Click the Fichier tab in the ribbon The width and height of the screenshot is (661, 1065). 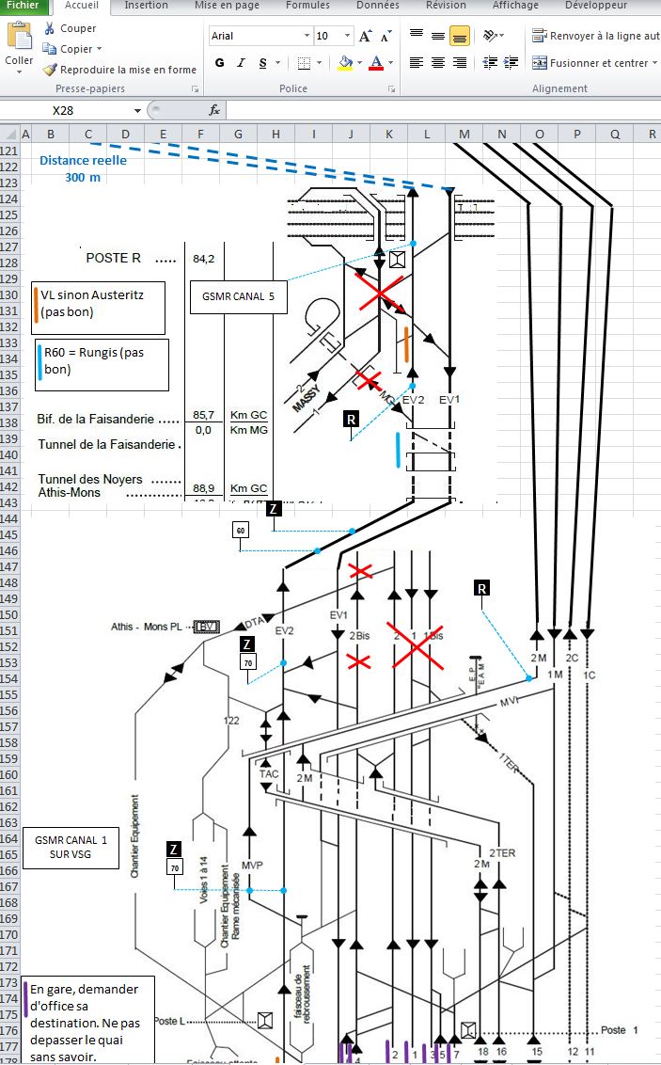23,6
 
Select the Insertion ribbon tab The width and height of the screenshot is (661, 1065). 146,6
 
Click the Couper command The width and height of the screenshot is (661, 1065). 78,28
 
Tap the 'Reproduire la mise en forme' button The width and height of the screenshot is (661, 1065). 128,70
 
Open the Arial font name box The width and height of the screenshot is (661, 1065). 260,36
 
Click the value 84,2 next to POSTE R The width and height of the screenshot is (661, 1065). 204,258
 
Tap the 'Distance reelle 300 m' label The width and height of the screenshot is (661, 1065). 83,168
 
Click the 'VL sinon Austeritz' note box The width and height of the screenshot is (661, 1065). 99,304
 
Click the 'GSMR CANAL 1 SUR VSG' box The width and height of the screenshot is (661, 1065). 71,847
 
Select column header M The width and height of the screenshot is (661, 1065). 464,135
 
